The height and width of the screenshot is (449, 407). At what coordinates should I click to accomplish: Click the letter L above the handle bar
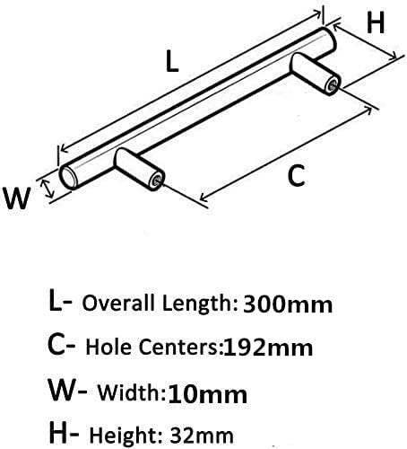(172, 61)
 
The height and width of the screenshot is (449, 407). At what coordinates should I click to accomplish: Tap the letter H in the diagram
(376, 23)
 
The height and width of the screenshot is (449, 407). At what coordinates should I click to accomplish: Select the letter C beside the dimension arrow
(296, 176)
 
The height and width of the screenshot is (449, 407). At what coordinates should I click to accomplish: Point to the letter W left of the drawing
(17, 198)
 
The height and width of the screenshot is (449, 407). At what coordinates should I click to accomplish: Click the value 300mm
(288, 304)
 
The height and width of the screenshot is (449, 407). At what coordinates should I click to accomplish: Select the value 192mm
(268, 348)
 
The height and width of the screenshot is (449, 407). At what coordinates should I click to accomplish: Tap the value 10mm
(208, 395)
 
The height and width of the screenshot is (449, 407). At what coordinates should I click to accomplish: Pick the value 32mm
(202, 436)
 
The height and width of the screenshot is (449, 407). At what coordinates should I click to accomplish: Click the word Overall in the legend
(119, 303)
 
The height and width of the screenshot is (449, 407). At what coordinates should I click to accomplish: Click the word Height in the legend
(124, 436)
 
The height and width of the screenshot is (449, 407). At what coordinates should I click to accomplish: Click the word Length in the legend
(197, 304)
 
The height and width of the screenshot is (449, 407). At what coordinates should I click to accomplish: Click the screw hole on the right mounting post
(332, 85)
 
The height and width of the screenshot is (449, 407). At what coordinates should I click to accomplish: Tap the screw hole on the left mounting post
(156, 180)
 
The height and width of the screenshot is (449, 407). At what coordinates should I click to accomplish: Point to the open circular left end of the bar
(68, 178)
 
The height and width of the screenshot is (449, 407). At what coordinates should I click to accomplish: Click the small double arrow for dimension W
(48, 189)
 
